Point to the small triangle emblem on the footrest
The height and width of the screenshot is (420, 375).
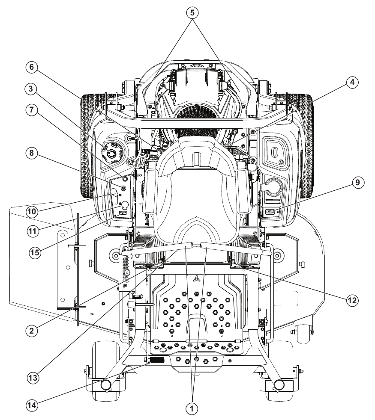pos(197,278)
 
